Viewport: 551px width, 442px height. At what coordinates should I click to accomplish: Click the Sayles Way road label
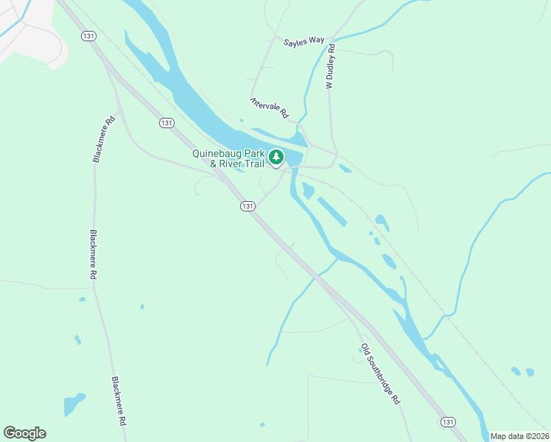coord(303,41)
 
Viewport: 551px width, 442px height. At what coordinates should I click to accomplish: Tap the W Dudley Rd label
coord(331,67)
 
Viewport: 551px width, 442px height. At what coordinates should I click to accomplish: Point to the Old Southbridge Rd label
coord(380,373)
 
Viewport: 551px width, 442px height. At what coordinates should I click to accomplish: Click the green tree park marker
coord(276,156)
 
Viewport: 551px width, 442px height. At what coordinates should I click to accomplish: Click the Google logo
coord(24,433)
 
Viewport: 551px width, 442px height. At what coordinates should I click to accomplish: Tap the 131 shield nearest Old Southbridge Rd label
coord(448,421)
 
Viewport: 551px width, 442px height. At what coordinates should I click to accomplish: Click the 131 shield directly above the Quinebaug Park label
coord(166,123)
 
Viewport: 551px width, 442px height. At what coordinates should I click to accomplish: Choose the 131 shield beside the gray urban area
coord(89,35)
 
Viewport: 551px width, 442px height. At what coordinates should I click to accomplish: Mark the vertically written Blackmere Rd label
coord(94,253)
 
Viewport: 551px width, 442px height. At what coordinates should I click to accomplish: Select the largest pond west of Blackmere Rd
coord(74,404)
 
